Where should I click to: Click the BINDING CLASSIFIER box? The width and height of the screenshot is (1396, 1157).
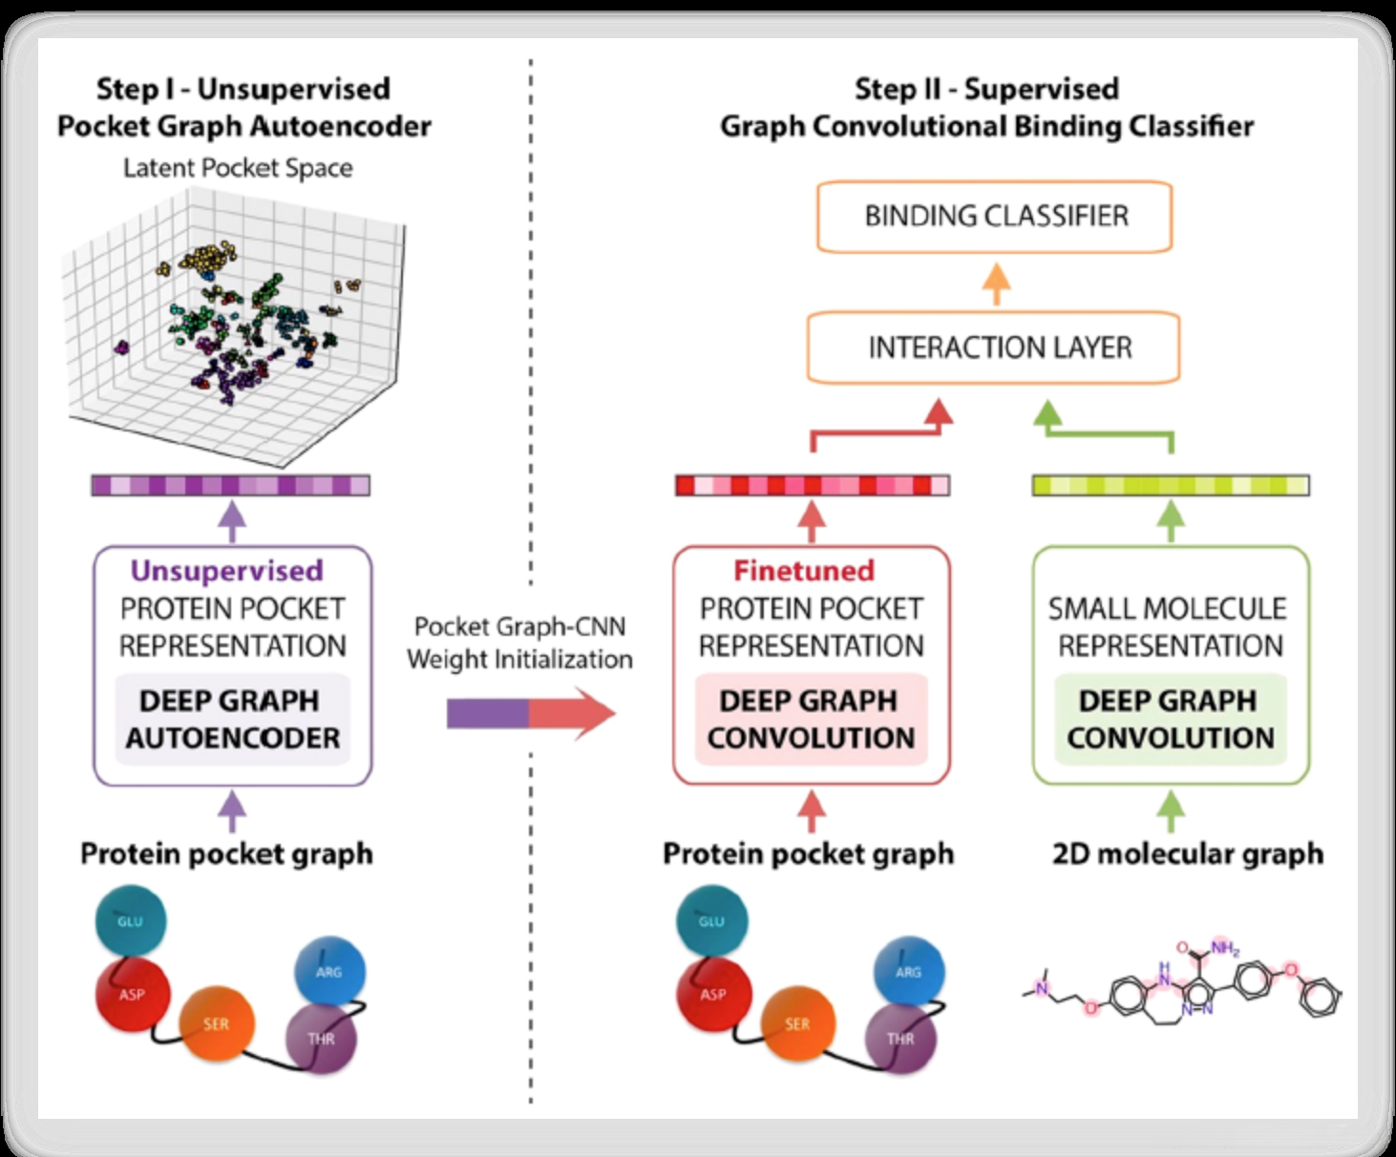(994, 217)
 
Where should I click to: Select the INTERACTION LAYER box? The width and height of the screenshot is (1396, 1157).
(994, 347)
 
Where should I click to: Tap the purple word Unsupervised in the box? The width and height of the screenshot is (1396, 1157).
(227, 571)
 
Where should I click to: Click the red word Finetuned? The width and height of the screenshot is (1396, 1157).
(804, 571)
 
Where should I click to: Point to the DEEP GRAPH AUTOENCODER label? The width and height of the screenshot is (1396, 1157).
(232, 719)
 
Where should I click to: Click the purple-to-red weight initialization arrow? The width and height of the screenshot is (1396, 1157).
(530, 713)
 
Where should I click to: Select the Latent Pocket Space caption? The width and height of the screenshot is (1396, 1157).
(238, 168)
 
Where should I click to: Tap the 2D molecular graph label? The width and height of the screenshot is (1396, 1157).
(1188, 853)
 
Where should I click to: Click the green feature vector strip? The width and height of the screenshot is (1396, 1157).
(1171, 486)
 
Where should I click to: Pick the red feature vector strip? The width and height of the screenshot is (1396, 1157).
(812, 485)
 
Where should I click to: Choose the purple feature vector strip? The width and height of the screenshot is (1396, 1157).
(230, 485)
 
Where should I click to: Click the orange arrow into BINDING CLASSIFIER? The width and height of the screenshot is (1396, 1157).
(996, 284)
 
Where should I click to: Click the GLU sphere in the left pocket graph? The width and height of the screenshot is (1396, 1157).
(131, 921)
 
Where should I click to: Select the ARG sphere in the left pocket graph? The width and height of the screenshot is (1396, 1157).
(328, 972)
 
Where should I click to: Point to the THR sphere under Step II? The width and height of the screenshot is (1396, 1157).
(900, 1039)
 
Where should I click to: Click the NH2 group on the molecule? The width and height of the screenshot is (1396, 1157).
(1224, 948)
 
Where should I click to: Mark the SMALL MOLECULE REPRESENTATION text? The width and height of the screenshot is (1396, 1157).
(1169, 627)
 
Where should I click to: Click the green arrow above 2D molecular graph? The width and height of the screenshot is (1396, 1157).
(1171, 811)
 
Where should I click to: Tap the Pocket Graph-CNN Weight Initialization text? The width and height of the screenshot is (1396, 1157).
(519, 642)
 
